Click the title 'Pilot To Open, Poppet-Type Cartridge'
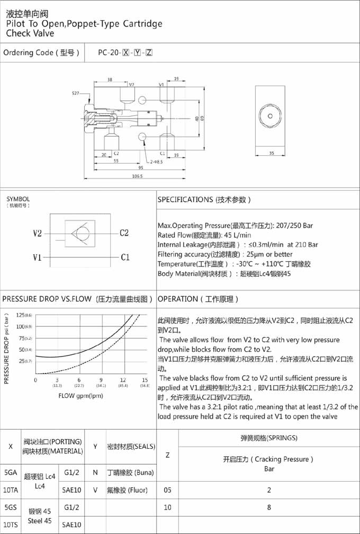84,24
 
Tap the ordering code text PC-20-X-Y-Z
125,52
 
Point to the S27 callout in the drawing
76,93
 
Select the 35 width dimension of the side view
272,153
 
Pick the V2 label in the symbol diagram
38,234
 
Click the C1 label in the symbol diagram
125,257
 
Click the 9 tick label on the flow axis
101,380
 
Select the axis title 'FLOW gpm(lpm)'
81,396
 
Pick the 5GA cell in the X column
10,472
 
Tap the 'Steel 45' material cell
40,520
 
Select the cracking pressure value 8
269,507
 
